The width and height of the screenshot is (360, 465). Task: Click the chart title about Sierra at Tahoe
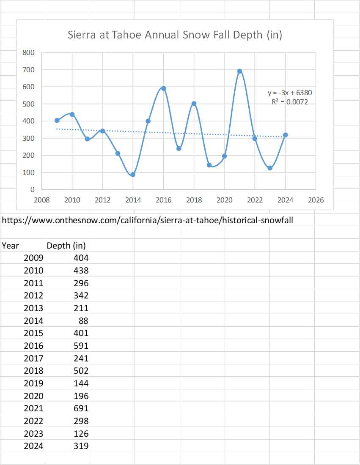click(x=175, y=35)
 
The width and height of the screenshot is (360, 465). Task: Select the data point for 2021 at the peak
click(x=239, y=71)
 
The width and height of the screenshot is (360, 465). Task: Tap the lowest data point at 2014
click(x=133, y=175)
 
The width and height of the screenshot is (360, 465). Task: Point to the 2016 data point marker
click(x=164, y=88)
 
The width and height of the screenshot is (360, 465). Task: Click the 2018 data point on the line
click(x=194, y=104)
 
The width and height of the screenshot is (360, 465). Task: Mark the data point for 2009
click(x=57, y=120)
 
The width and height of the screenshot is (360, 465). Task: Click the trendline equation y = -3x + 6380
click(x=290, y=93)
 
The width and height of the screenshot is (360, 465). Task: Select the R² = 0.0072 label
click(x=290, y=102)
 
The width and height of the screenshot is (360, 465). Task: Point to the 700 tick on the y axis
click(x=28, y=70)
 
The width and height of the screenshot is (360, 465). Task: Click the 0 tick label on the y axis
click(x=32, y=189)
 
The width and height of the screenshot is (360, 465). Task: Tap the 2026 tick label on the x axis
click(x=316, y=200)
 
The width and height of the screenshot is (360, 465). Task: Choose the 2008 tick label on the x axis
click(x=42, y=200)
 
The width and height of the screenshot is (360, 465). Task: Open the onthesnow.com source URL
click(x=148, y=220)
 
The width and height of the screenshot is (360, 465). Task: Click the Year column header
click(x=11, y=246)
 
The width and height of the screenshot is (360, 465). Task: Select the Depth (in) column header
click(x=66, y=246)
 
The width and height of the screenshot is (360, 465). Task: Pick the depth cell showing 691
click(x=81, y=408)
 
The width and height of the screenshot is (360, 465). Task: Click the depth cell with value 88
click(x=83, y=321)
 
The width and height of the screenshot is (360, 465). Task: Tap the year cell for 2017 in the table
click(x=33, y=358)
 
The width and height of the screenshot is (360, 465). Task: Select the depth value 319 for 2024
click(x=81, y=446)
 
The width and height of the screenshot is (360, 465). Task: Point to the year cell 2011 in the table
click(x=33, y=283)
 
